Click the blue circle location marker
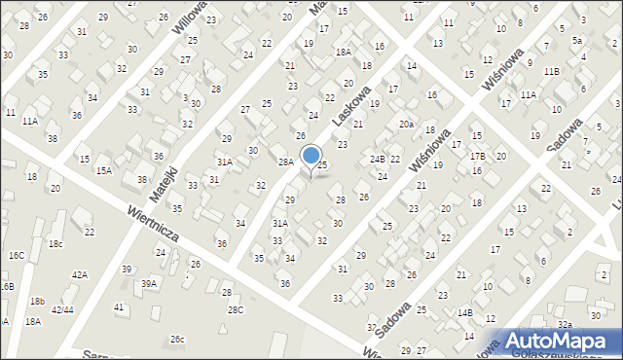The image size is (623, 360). click(311, 156)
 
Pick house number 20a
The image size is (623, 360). click(406, 125)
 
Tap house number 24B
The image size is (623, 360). click(377, 159)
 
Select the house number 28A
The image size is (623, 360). click(285, 162)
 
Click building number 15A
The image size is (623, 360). click(103, 170)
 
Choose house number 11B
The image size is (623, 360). click(552, 71)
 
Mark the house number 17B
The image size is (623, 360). click(477, 156)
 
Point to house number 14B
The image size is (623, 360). click(465, 312)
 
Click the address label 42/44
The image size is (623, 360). click(62, 309)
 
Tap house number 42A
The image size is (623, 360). click(80, 275)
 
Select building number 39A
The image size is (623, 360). click(149, 283)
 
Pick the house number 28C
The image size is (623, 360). click(236, 309)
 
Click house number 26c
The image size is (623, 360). click(177, 339)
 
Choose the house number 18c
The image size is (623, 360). click(55, 243)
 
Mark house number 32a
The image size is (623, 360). click(565, 324)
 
